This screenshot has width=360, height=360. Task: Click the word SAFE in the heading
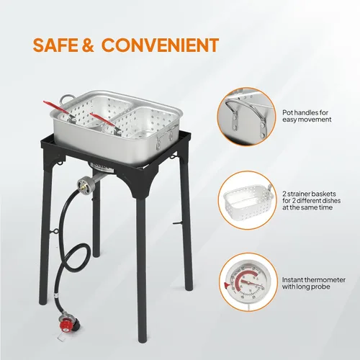[55, 45]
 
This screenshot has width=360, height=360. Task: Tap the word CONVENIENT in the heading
[160, 45]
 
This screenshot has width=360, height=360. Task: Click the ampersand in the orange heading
[88, 45]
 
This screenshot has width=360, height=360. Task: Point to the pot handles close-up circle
[246, 116]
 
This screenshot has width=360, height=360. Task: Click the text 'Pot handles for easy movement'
[307, 116]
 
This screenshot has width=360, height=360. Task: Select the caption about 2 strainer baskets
[311, 200]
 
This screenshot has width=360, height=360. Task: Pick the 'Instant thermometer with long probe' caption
[314, 283]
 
